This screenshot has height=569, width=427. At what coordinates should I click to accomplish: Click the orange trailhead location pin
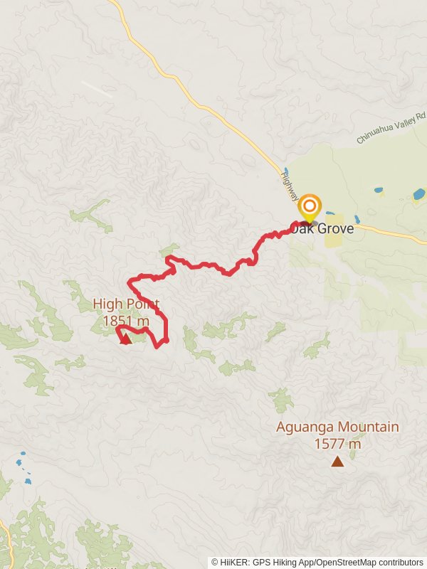[309, 207]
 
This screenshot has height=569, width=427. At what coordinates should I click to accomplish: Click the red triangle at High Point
[125, 339]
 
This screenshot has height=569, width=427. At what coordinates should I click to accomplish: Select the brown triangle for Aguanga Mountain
[337, 462]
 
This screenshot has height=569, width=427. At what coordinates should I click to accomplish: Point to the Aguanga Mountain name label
[337, 427]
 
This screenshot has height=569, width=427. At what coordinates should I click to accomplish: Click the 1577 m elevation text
[337, 445]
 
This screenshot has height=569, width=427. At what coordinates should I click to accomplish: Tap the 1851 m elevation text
[126, 321]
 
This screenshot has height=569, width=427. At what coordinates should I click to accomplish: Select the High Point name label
[126, 304]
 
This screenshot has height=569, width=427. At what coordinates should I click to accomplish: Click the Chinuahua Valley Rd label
[391, 129]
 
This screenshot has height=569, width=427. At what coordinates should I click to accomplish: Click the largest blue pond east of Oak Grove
[418, 193]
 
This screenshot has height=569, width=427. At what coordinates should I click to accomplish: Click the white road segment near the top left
[96, 89]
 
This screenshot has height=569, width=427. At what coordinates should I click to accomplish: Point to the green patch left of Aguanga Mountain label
[282, 400]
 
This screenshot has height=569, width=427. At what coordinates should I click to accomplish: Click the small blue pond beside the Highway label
[286, 171]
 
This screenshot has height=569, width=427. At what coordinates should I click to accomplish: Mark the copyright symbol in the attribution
[215, 562]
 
